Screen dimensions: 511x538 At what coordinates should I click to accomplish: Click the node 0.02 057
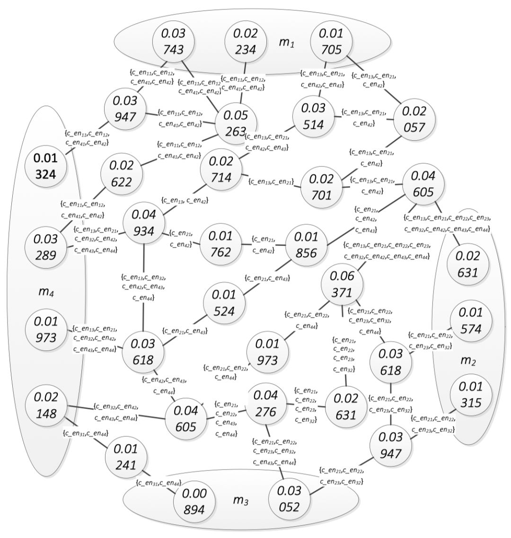click(x=414, y=119)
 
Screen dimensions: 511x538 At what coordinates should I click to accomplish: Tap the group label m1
click(x=285, y=42)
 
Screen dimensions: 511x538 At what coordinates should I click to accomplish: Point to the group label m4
click(x=45, y=292)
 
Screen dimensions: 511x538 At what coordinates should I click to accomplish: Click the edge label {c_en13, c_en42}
click(x=185, y=200)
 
